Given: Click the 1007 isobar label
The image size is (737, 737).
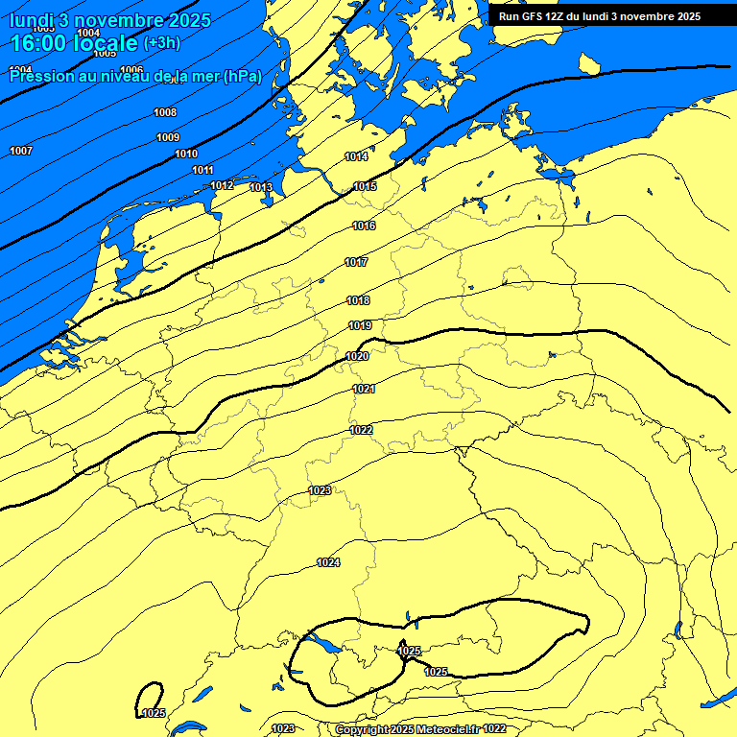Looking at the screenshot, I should (21, 151).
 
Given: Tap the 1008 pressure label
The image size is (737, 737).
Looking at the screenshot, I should (165, 112).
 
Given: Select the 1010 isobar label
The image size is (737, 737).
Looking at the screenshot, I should (186, 154).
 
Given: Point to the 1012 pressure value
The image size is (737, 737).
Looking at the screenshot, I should (222, 185).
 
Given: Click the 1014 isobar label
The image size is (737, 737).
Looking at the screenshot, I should (356, 156).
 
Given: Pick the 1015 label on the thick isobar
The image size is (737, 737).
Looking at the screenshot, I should (365, 186).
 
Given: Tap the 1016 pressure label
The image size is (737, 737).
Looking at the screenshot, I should (364, 226).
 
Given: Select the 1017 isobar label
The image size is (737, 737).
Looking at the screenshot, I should (356, 262).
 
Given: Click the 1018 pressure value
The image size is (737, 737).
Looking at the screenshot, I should (358, 300).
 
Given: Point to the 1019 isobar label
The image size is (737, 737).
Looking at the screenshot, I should (360, 325).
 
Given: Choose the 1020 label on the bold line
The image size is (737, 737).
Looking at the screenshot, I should (357, 356).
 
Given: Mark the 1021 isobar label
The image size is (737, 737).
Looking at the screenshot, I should (364, 389).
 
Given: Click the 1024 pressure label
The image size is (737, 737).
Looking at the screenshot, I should (328, 562).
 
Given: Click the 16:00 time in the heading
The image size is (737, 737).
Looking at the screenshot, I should (37, 44).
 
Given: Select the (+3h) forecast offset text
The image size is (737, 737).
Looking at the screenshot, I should (161, 43).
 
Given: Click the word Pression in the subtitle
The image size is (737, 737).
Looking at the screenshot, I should (39, 76).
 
